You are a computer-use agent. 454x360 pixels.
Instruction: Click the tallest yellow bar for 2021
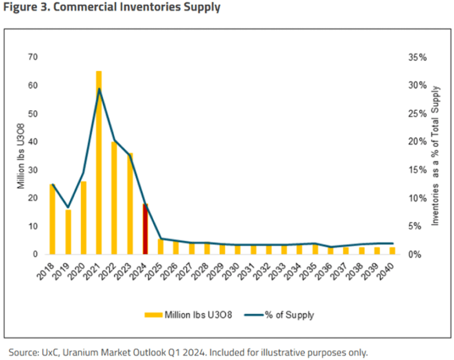(x=99, y=167)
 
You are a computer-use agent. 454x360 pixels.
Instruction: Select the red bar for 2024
(x=145, y=229)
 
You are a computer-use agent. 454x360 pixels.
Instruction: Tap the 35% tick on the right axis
(x=418, y=57)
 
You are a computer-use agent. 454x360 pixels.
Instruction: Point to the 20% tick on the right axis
(x=418, y=142)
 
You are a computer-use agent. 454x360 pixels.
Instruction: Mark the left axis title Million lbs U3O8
(x=21, y=155)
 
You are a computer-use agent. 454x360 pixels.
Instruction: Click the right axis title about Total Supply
(x=436, y=155)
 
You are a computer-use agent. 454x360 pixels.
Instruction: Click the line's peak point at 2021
(x=99, y=89)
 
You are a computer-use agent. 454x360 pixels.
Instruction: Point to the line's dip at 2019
(x=68, y=207)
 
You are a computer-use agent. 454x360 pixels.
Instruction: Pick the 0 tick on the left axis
(x=35, y=254)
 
